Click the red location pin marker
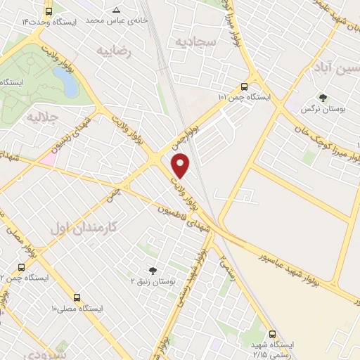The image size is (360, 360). [x=181, y=166]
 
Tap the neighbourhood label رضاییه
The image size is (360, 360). [x=115, y=51]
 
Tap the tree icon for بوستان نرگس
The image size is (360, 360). [x=323, y=98]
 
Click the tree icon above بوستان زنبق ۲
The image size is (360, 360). [x=153, y=270]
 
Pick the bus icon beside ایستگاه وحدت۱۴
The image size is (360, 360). [x=48, y=11]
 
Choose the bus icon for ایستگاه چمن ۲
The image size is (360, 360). [x=21, y=267]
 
